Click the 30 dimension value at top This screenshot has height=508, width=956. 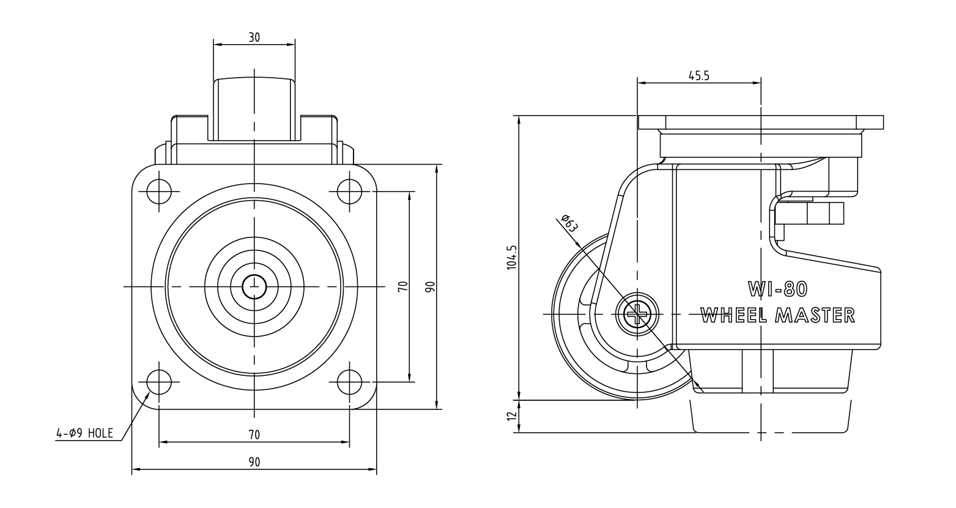click(254, 37)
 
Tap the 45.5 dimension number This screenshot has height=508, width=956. click(698, 75)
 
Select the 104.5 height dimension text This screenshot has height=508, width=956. click(512, 257)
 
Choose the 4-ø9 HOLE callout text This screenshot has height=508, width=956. click(84, 433)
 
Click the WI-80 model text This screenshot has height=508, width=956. click(777, 289)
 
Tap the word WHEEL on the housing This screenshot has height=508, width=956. click(734, 315)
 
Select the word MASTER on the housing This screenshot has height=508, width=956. click(815, 315)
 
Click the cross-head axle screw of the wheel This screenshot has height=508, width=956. click(637, 315)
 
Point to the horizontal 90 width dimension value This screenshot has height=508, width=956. click(254, 462)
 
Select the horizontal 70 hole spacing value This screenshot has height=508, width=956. click(254, 435)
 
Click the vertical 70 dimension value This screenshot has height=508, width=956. click(403, 286)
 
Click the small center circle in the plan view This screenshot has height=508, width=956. click(254, 286)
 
